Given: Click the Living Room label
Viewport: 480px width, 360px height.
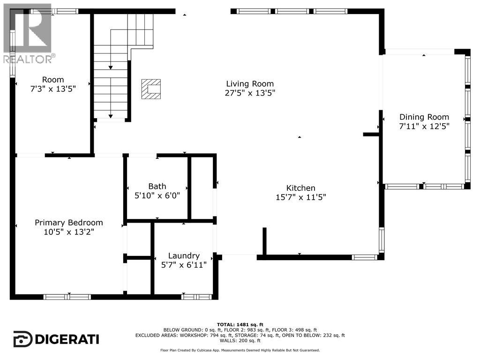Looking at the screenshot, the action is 250,83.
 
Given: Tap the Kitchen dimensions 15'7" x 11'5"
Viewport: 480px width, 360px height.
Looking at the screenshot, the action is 300,197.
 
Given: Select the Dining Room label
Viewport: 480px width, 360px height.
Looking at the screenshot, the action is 424,117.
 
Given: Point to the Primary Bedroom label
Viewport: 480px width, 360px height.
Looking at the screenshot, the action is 68,223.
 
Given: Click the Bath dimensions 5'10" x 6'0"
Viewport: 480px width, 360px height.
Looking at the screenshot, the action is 157,195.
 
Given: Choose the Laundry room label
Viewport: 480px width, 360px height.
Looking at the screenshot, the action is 184,255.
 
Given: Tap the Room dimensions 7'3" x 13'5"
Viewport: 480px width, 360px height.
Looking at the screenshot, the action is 53,89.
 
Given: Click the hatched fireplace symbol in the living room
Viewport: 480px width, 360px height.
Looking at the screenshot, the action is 151,89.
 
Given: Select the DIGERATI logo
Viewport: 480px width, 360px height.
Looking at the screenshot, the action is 56,339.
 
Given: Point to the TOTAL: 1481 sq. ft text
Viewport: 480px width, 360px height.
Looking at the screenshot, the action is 240,324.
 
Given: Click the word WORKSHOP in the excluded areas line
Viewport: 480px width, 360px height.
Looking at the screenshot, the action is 191,335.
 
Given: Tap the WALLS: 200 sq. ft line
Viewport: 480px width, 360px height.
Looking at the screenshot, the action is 240,340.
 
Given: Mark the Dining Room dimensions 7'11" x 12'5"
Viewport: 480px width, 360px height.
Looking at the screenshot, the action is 424,126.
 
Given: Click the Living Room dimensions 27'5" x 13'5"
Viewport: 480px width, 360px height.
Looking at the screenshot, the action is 250,93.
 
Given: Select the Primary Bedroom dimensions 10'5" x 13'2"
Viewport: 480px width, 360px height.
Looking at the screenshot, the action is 68,232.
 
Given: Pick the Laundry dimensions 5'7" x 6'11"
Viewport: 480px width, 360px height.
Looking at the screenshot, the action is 184,265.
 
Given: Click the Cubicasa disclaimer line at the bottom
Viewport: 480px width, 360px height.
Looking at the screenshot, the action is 240,350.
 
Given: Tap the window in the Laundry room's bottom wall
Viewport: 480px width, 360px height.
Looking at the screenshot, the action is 196,297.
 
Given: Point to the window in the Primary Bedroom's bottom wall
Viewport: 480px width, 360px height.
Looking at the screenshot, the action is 67,297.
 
